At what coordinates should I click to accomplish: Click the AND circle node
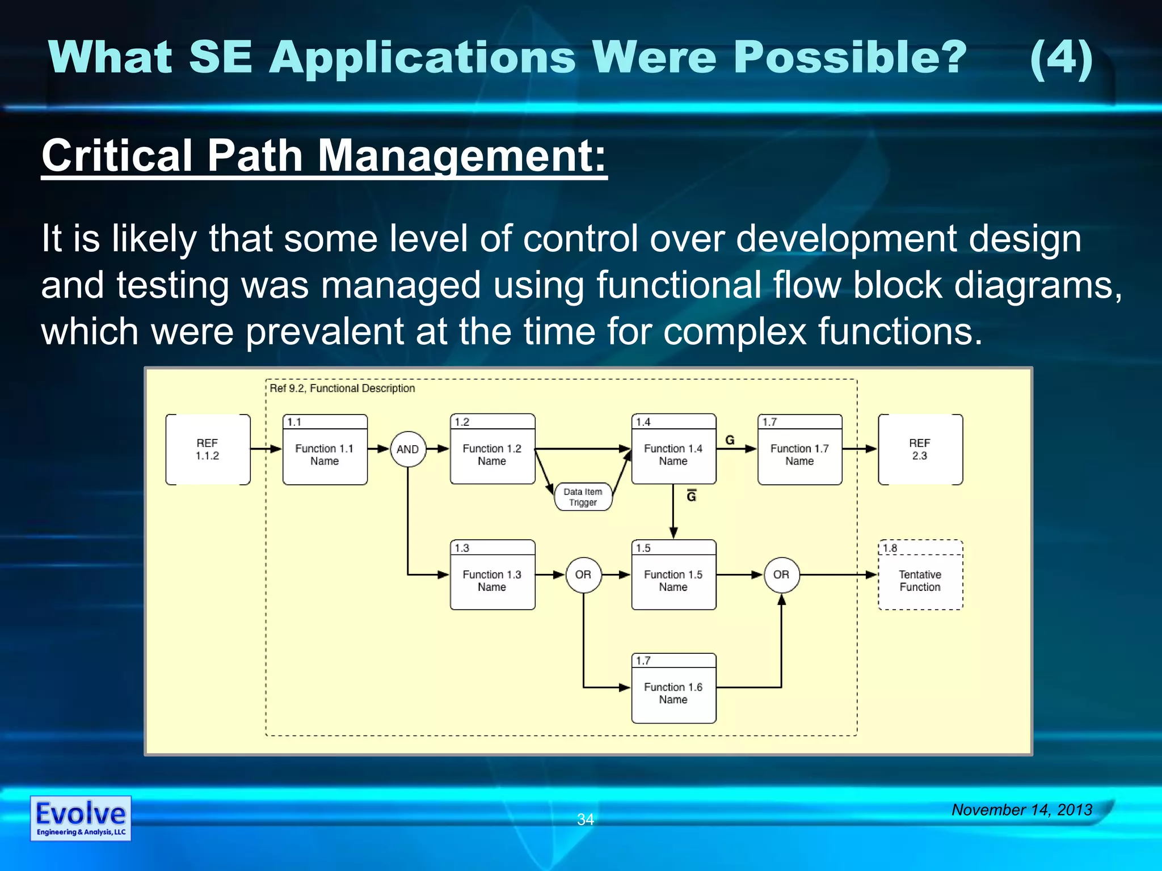408,449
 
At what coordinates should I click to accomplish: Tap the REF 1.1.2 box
208,449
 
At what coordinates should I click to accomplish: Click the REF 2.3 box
920,449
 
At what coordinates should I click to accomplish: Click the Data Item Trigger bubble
583,497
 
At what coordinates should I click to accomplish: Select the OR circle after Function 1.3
583,574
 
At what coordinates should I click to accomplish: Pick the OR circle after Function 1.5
781,574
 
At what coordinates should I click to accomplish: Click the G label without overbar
730,440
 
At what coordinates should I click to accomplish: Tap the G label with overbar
691,496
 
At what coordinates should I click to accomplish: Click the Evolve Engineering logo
81,818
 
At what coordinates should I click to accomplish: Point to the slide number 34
585,819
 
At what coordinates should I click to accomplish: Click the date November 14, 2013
1022,810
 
